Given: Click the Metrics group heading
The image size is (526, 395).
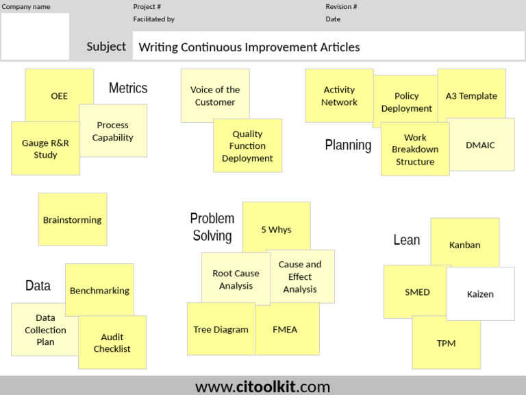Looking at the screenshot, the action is tap(128, 88).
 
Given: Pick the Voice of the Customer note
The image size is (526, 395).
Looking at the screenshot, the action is tap(214, 95).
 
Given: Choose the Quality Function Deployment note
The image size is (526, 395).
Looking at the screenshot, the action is tap(247, 146).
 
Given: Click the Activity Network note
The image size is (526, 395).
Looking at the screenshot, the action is tap(339, 95).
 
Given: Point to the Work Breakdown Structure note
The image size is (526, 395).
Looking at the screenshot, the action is tap(415, 149).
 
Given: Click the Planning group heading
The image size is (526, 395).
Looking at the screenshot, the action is tap(348, 145).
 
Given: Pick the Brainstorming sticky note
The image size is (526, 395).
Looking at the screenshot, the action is tap(72, 220).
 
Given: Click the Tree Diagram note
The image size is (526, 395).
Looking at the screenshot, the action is tap(221, 330).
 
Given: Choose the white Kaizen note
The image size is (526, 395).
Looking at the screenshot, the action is tap(480, 294).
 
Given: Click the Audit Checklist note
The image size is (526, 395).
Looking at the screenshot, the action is tap(112, 343).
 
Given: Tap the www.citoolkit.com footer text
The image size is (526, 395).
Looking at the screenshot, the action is tap(263, 386).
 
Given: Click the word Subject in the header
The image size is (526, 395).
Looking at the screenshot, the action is tap(106, 47).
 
